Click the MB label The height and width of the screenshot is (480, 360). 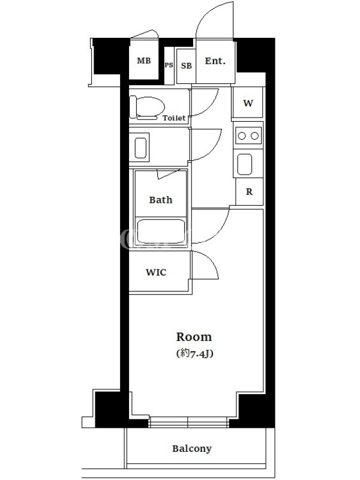pyautogui.click(x=144, y=61)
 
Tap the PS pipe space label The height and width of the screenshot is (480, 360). pyautogui.click(x=169, y=65)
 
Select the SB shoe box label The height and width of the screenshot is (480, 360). pyautogui.click(x=186, y=65)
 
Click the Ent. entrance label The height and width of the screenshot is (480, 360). pyautogui.click(x=215, y=61)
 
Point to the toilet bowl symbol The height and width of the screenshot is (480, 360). pyautogui.click(x=147, y=108)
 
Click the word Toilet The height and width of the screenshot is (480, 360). pyautogui.click(x=174, y=118)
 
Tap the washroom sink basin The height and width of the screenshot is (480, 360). pyautogui.click(x=140, y=148)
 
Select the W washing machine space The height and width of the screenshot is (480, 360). pyautogui.click(x=248, y=103)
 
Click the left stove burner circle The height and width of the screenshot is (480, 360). pyautogui.click(x=242, y=136)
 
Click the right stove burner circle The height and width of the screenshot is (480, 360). pyautogui.click(x=254, y=136)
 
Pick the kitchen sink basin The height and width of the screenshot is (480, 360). pyautogui.click(x=245, y=164)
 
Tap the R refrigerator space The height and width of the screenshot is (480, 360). pyautogui.click(x=249, y=191)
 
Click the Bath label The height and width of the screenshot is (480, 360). pyautogui.click(x=161, y=200)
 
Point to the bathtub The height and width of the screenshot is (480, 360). pyautogui.click(x=161, y=231)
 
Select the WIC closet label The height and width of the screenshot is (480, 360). pyautogui.click(x=156, y=272)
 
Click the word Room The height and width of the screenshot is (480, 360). pyautogui.click(x=194, y=337)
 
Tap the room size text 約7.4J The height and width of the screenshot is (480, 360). pyautogui.click(x=194, y=353)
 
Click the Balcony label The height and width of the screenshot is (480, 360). pyautogui.click(x=192, y=448)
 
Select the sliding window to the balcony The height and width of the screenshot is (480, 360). pyautogui.click(x=188, y=422)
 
